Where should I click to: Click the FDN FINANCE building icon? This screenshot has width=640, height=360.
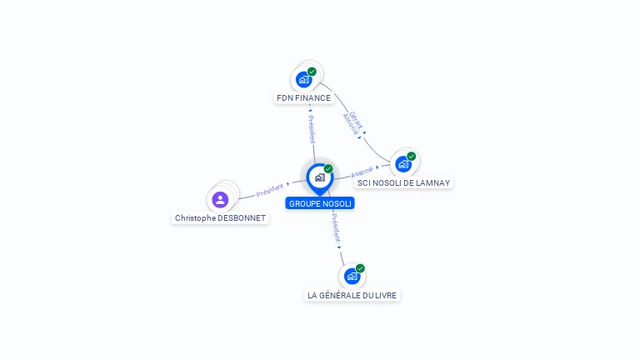(x=303, y=80)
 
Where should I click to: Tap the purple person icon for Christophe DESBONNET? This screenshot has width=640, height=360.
(x=220, y=199)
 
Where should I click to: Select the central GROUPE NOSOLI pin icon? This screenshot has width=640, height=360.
(x=319, y=177)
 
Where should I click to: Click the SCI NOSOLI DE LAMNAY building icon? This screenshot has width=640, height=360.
(x=403, y=164)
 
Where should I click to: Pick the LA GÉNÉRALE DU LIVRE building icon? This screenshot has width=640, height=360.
(x=352, y=276)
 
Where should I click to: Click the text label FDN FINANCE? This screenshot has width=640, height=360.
(x=303, y=98)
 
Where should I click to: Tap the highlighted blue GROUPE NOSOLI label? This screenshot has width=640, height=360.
(x=320, y=203)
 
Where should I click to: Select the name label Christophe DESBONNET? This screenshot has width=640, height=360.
(x=221, y=218)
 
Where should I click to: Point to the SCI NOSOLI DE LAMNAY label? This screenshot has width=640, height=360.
(x=404, y=182)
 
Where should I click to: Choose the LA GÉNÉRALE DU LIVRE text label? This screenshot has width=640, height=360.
(x=352, y=295)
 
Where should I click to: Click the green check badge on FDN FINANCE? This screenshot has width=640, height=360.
(x=312, y=72)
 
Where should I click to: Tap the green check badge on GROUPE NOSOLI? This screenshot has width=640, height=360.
(x=328, y=168)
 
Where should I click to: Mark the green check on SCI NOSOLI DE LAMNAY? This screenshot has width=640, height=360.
(x=412, y=156)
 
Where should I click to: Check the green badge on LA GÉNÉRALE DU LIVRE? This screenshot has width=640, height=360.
(x=360, y=267)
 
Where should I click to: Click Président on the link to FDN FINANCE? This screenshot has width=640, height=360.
(x=312, y=126)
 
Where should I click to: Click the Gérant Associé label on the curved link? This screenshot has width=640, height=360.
(x=353, y=122)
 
